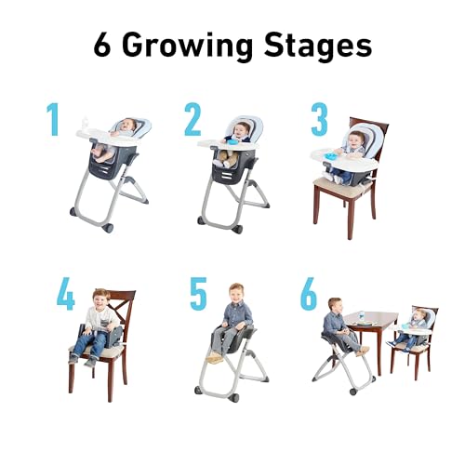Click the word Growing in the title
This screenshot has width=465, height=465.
click(x=192, y=45)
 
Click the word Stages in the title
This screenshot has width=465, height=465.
click(x=318, y=45)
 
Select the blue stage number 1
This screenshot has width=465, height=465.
click(x=52, y=119)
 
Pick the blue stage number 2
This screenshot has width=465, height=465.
click(x=193, y=120)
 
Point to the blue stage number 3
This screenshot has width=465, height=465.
click(x=319, y=120)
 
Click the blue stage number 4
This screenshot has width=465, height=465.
click(x=65, y=293)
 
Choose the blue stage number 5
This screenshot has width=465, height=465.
click(x=198, y=293)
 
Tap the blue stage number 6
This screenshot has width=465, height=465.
click(x=309, y=293)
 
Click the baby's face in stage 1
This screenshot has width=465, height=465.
click(x=128, y=126)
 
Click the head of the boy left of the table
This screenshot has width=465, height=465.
click(x=335, y=306)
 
